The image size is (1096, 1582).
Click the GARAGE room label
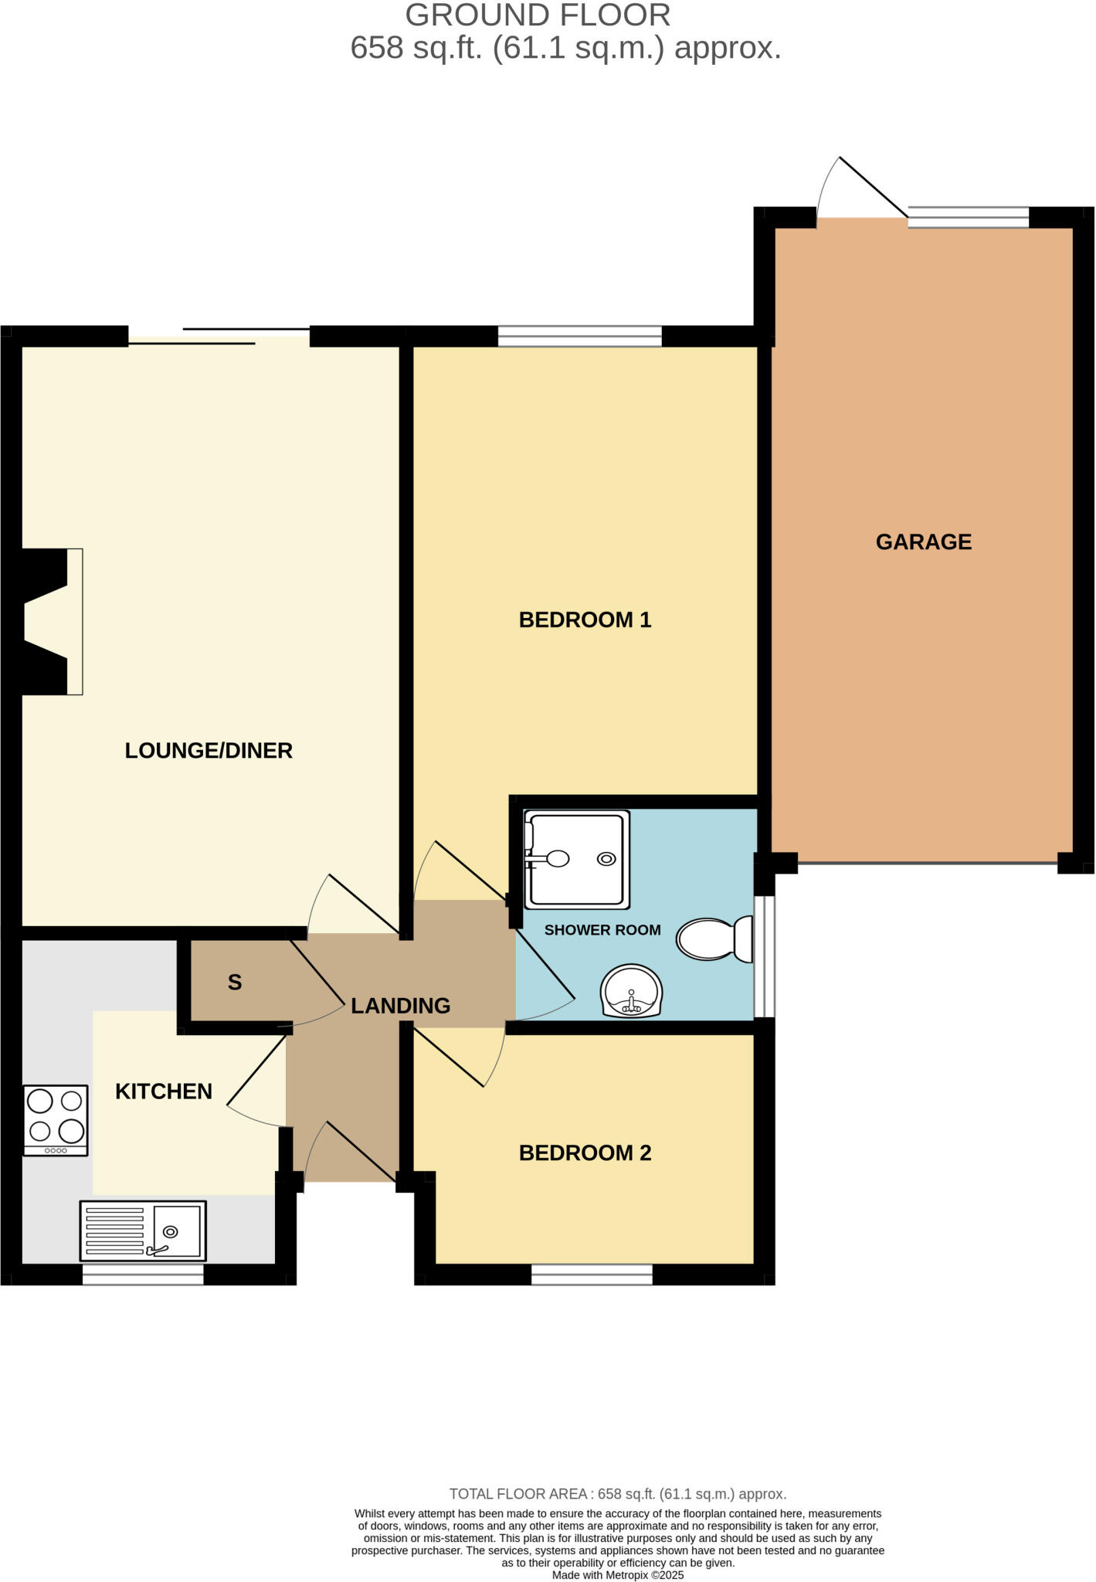click(x=923, y=542)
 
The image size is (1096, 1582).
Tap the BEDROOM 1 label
click(x=585, y=620)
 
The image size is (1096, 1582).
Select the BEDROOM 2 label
click(x=585, y=1153)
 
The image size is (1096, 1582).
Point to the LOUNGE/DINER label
click(x=209, y=751)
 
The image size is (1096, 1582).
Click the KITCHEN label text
click(x=164, y=1091)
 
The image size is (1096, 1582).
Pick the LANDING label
click(x=400, y=1006)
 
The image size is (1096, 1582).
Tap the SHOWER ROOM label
click(x=602, y=930)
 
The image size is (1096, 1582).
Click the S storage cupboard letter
click(x=235, y=983)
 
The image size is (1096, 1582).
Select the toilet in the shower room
click(x=714, y=939)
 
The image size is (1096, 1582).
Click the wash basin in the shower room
click(x=632, y=992)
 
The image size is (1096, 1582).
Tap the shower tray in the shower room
click(x=576, y=859)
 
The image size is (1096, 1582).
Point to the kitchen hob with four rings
click(x=56, y=1120)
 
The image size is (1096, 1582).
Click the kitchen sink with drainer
click(x=143, y=1231)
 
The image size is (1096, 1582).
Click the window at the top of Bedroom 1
click(x=579, y=336)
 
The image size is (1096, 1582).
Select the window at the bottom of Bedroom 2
click(x=592, y=1275)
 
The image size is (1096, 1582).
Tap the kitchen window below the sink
click(x=143, y=1275)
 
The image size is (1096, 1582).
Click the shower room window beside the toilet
click(x=764, y=956)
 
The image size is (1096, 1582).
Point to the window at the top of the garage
click(x=968, y=217)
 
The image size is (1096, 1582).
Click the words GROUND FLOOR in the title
click(x=538, y=15)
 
